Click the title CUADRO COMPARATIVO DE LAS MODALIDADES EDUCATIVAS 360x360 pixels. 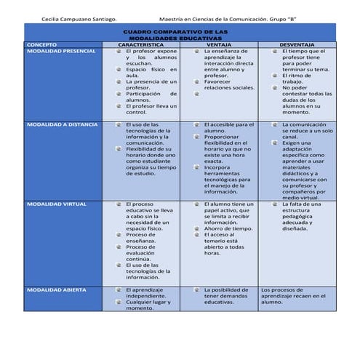[175, 35]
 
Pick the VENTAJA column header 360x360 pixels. [219, 44]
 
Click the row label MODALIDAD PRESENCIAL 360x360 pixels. [60, 52]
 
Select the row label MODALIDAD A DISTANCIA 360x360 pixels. [62, 124]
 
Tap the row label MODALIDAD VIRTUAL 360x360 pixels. [56, 204]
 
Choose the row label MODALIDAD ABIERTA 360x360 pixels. [56, 290]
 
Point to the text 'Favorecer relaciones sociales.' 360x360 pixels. [228, 85]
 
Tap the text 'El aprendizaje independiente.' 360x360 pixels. [150, 293]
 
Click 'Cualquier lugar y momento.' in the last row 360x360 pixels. [152, 305]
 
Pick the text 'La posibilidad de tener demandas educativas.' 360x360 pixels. [228, 296]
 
